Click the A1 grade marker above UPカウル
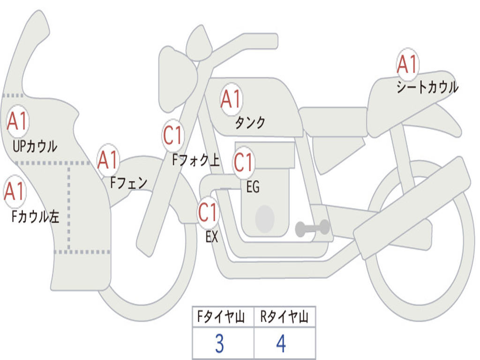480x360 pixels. pyautogui.click(x=18, y=121)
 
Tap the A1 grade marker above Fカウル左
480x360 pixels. pyautogui.click(x=15, y=192)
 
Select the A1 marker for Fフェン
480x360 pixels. pyautogui.click(x=108, y=160)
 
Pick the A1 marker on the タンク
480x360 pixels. pyautogui.click(x=231, y=99)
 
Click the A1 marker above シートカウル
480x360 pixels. pyautogui.click(x=407, y=65)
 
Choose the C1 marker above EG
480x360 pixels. pyautogui.click(x=244, y=163)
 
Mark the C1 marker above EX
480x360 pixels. pyautogui.click(x=208, y=213)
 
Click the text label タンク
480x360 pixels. pyautogui.click(x=250, y=123)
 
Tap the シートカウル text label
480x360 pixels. pyautogui.click(x=427, y=88)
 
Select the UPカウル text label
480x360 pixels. pyautogui.click(x=35, y=146)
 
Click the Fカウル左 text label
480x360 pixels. pyautogui.click(x=35, y=217)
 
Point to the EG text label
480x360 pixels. pyautogui.click(x=253, y=187)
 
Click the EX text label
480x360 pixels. pyautogui.click(x=212, y=237)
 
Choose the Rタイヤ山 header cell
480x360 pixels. pyautogui.click(x=284, y=318)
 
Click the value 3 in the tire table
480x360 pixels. pyautogui.click(x=219, y=344)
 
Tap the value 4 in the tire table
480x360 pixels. pyautogui.click(x=281, y=344)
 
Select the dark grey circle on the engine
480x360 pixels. pyautogui.click(x=265, y=218)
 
